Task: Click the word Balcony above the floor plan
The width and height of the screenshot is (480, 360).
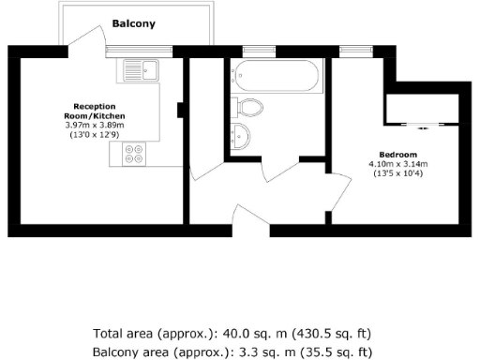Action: (133, 22)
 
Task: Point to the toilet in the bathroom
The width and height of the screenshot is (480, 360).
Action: (248, 105)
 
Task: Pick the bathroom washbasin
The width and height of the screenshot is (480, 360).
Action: (239, 135)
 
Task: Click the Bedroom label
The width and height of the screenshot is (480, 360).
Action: (397, 154)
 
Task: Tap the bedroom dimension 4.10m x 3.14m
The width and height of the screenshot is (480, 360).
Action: (397, 163)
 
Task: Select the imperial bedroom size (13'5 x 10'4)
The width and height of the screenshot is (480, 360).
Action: (397, 172)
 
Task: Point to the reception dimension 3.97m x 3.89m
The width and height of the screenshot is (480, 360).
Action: (96, 125)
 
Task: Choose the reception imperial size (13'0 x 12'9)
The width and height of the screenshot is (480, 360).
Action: (96, 134)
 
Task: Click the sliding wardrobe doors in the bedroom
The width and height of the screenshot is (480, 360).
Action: (422, 124)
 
